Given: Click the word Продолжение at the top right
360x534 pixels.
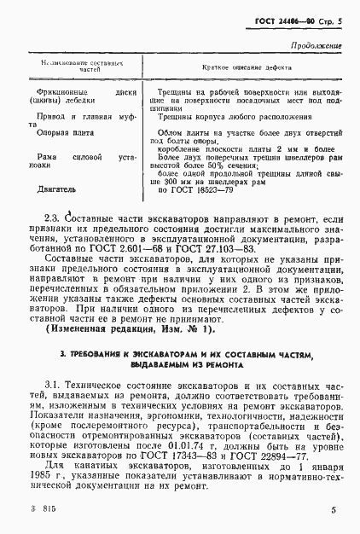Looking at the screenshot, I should click(316, 45).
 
